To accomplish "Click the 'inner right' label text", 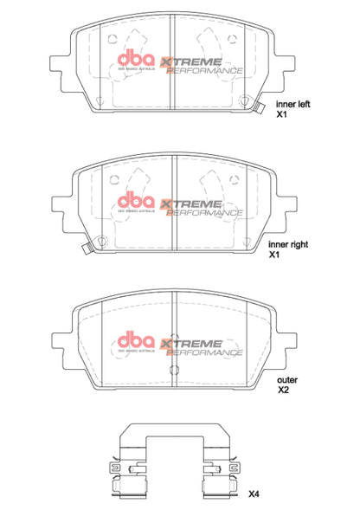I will pyautogui.click(x=292, y=245).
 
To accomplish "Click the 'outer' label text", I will pyautogui.click(x=286, y=379).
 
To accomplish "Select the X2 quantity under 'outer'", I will pyautogui.click(x=282, y=391).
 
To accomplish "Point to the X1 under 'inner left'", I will pyautogui.click(x=281, y=113).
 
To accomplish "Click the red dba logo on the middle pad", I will pyautogui.click(x=133, y=201).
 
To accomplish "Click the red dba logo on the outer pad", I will pyautogui.click(x=133, y=339).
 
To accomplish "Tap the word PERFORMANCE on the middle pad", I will pyautogui.click(x=204, y=211).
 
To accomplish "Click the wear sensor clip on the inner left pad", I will pyautogui.click(x=260, y=108).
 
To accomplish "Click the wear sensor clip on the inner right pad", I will pyautogui.click(x=87, y=250).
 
